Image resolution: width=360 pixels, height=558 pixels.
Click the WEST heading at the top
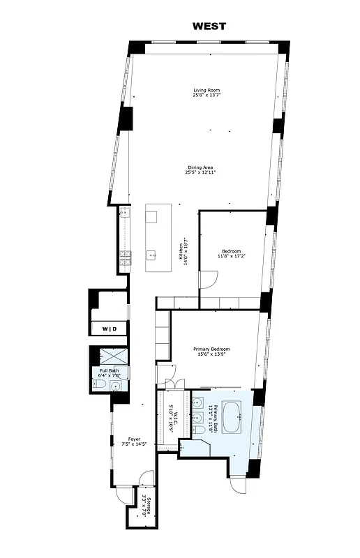coord(209,27)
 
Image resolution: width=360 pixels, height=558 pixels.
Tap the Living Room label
coord(206,91)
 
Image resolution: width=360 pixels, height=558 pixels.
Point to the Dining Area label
coord(200,167)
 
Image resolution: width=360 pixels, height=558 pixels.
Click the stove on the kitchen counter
coord(125,259)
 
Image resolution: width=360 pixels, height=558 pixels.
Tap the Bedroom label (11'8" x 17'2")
coord(232,251)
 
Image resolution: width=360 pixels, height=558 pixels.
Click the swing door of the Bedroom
coord(208,279)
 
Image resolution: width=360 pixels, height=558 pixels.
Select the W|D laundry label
coord(110,329)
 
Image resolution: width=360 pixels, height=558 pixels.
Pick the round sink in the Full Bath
coord(116,385)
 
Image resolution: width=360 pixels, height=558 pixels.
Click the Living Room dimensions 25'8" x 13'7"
coord(206,96)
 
